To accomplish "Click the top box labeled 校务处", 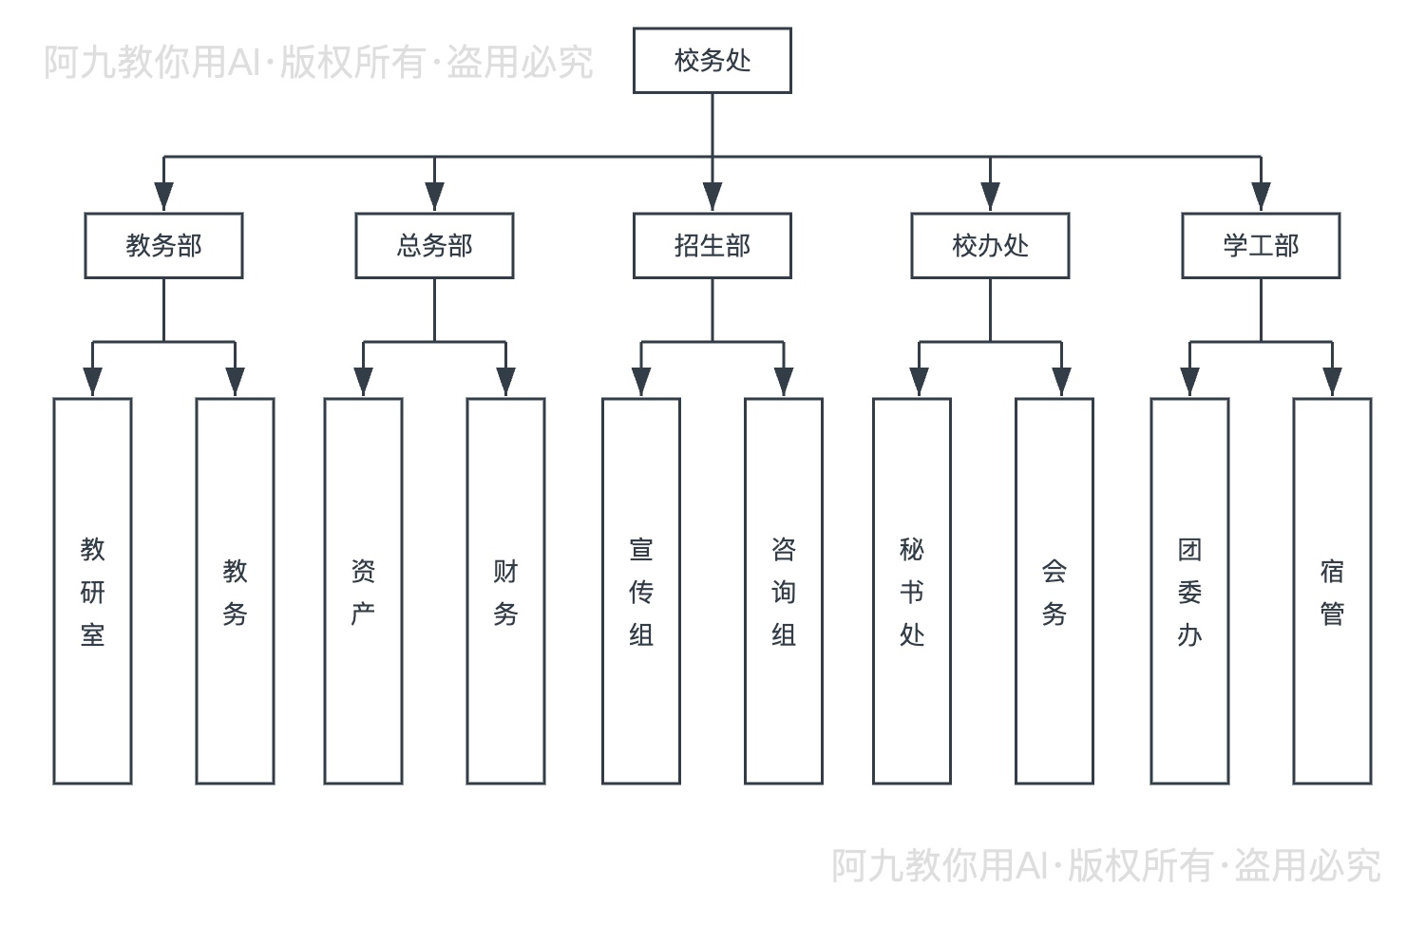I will (x=712, y=61).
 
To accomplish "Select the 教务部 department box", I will (x=163, y=246).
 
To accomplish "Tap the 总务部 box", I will (x=434, y=246).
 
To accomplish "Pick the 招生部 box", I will (x=712, y=246).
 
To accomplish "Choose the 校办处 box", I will (x=990, y=246).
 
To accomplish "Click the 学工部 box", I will (x=1261, y=246).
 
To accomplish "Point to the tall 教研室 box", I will (x=92, y=591).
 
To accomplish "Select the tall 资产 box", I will (x=363, y=591).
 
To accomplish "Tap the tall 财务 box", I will (x=505, y=591).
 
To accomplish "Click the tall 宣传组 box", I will (x=641, y=591).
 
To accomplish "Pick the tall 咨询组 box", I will (x=784, y=591).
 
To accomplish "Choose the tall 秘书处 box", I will (x=912, y=591).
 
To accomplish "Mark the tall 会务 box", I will (x=1054, y=591).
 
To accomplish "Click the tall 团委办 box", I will (x=1189, y=591).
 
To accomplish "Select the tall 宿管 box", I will (x=1332, y=591).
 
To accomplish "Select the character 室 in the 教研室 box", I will (x=92, y=634).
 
